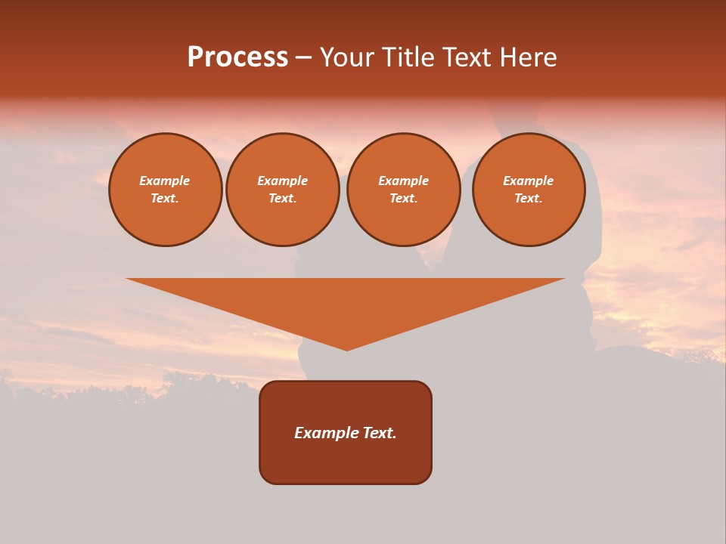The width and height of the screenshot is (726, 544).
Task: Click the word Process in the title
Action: pyautogui.click(x=237, y=57)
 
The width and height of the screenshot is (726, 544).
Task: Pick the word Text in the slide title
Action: pyautogui.click(x=467, y=57)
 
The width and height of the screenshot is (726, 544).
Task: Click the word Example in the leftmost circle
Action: pyautogui.click(x=165, y=181)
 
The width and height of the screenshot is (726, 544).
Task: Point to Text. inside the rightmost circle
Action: pyautogui.click(x=528, y=199)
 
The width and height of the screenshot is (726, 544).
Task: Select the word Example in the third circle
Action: pyautogui.click(x=403, y=181)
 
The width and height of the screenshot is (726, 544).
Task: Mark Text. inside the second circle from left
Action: pyautogui.click(x=282, y=199)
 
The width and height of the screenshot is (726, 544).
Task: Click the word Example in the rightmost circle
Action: pyautogui.click(x=528, y=181)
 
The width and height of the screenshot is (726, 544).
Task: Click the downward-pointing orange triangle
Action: pyautogui.click(x=346, y=302)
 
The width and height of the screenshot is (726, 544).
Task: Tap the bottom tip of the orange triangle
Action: pyautogui.click(x=346, y=348)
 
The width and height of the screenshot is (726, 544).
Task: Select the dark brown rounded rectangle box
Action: pyautogui.click(x=346, y=461)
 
